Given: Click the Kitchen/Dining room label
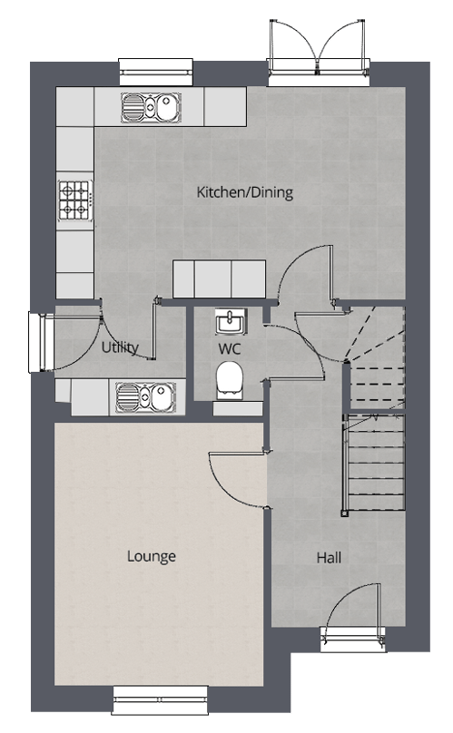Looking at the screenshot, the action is pyautogui.click(x=245, y=192).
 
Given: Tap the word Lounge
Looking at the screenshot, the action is pyautogui.click(x=152, y=556).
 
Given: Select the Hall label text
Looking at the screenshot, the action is pyautogui.click(x=329, y=557).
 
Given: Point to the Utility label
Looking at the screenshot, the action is pyautogui.click(x=120, y=347).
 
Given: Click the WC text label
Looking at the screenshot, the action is pyautogui.click(x=230, y=348).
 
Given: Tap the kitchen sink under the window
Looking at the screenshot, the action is pyautogui.click(x=151, y=107).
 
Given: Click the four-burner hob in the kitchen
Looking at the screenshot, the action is pyautogui.click(x=74, y=200).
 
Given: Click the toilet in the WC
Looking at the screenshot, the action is pyautogui.click(x=230, y=380).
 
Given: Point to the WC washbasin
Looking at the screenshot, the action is pyautogui.click(x=231, y=321).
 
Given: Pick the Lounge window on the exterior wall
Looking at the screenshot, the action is pyautogui.click(x=160, y=699).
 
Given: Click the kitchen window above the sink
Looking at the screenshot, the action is pyautogui.click(x=156, y=72).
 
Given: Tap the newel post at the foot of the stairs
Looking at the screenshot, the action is pyautogui.click(x=345, y=513).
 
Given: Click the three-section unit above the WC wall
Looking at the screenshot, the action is pyautogui.click(x=219, y=279).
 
